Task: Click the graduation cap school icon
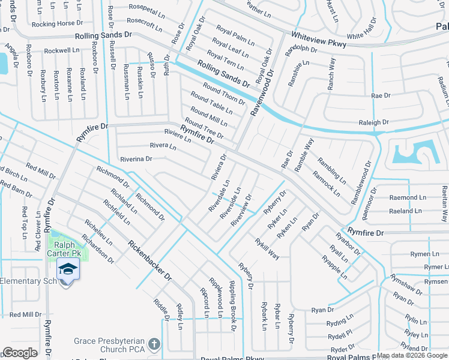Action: [x=68, y=269]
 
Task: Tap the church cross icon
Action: [x=154, y=344]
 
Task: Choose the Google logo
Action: [x=20, y=353]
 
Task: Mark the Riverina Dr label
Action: [x=136, y=159]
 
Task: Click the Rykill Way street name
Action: [x=267, y=248]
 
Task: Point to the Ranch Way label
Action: [x=331, y=74]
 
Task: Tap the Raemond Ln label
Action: [x=407, y=197]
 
